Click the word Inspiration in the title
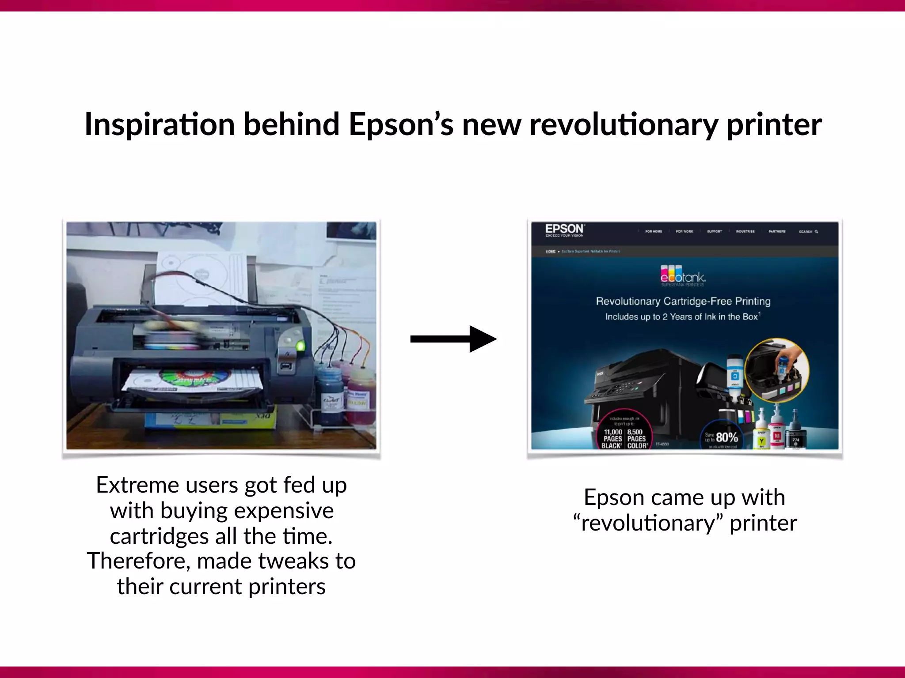tap(160, 124)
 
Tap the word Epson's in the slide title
tap(401, 124)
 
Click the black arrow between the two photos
tap(453, 339)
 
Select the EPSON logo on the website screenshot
tap(564, 229)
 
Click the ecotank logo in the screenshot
tap(683, 275)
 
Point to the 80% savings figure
tap(726, 437)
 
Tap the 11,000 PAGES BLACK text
tap(612, 439)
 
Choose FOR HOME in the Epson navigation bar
tap(654, 231)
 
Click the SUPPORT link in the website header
tap(715, 231)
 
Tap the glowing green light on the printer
tap(300, 345)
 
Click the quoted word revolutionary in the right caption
tap(648, 524)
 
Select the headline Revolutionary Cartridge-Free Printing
tap(683, 301)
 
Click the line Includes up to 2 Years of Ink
tap(682, 316)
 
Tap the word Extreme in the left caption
tap(137, 485)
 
